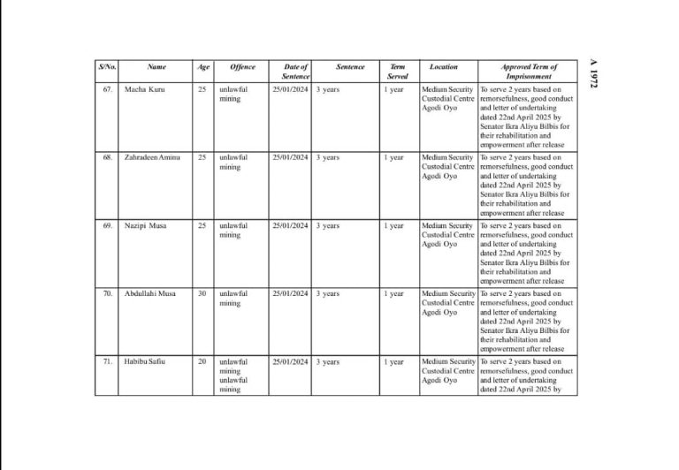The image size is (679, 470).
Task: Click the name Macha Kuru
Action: [x=144, y=90]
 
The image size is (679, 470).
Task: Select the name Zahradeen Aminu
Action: [x=152, y=157]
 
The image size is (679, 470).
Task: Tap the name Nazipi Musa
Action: [x=147, y=225]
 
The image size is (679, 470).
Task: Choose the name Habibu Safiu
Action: [x=146, y=361]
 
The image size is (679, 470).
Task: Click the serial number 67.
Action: [x=107, y=90]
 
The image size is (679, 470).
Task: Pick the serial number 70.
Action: [x=107, y=293]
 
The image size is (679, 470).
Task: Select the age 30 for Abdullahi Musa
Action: [x=202, y=293]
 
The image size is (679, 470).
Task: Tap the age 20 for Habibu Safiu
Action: [x=202, y=361]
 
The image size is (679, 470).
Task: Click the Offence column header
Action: [x=242, y=67]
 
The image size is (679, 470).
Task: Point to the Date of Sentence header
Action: [x=295, y=72]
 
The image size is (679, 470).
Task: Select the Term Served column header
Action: [x=398, y=72]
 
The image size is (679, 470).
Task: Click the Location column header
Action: [x=444, y=67]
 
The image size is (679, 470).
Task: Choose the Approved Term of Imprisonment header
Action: [x=529, y=72]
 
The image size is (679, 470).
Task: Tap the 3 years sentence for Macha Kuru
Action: [x=328, y=90]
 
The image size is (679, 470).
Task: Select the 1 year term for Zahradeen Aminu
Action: [x=394, y=157]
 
